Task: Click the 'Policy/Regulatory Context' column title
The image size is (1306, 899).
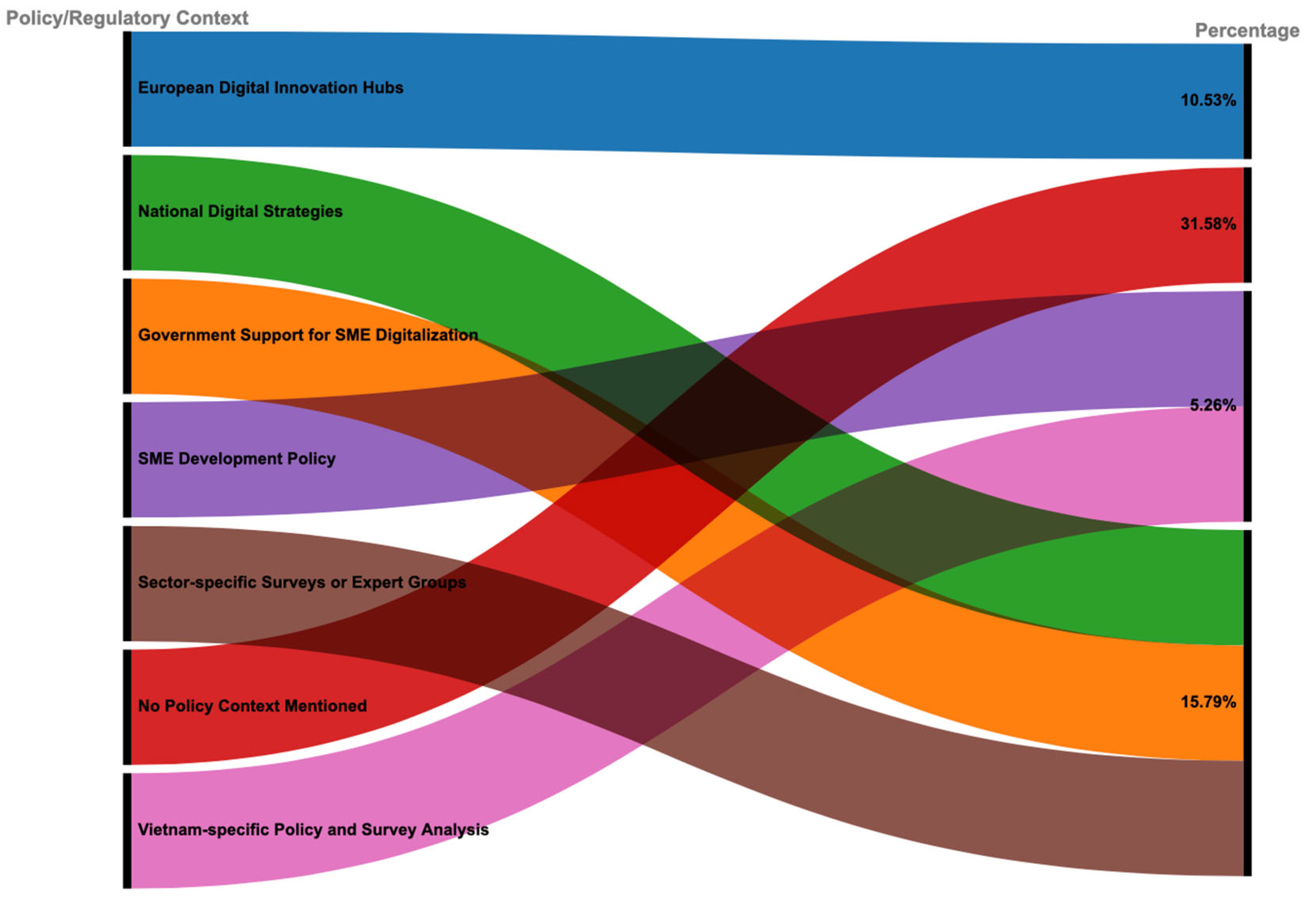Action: tap(127, 18)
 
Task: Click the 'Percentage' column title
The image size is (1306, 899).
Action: tap(1247, 30)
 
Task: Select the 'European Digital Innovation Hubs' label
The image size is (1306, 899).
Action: tap(270, 88)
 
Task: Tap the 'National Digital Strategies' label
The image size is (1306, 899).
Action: tap(240, 211)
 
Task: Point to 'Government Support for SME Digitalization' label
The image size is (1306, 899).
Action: tap(308, 335)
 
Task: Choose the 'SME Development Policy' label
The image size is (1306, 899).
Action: tap(236, 458)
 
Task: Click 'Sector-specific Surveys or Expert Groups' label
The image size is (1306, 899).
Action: tap(302, 582)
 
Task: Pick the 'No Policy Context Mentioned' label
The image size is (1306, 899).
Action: tap(252, 706)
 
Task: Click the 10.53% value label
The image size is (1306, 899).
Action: tap(1208, 100)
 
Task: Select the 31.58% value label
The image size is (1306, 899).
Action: tap(1208, 224)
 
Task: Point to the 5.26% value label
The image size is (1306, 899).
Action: tap(1212, 405)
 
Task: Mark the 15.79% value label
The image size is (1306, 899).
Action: tap(1208, 702)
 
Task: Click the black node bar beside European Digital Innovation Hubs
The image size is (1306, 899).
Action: tap(127, 89)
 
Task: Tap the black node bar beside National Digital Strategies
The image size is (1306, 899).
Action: tap(127, 212)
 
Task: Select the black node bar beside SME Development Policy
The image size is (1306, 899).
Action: tap(127, 460)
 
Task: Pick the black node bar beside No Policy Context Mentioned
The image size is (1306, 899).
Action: tap(127, 707)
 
